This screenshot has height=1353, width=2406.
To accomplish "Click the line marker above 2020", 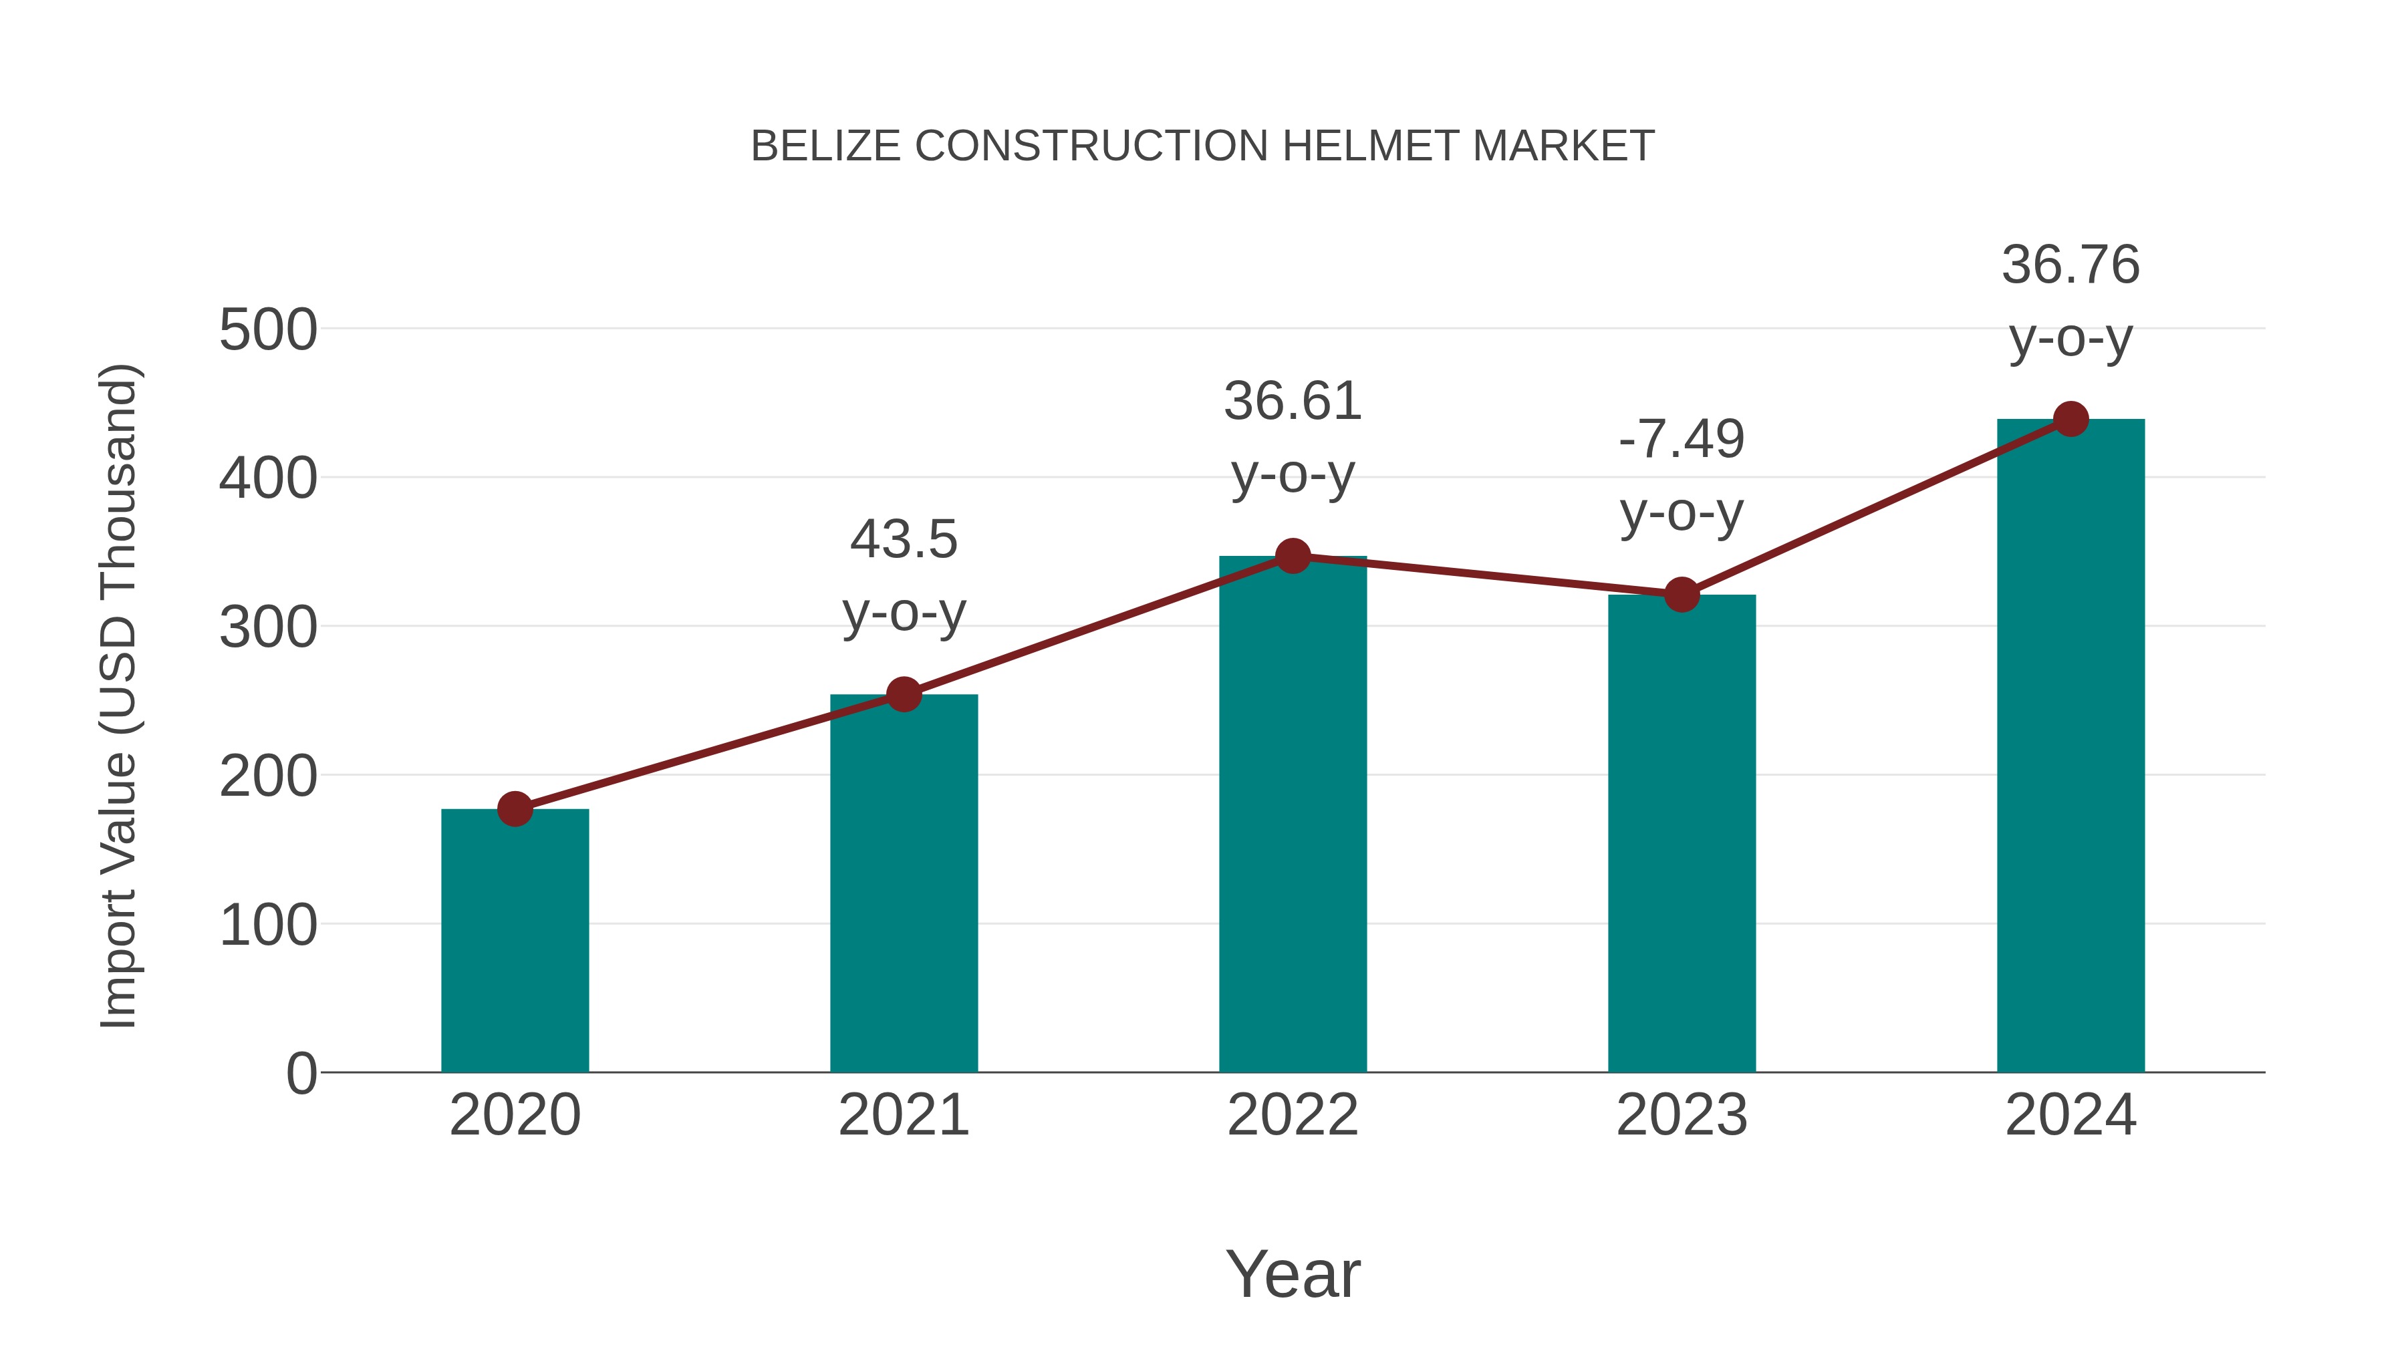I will point(515,808).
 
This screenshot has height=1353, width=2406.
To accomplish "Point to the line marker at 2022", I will point(1293,556).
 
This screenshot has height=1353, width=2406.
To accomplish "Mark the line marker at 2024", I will point(2070,419).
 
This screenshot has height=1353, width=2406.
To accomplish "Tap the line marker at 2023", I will point(1682,594).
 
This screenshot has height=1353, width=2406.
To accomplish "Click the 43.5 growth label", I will point(903,540).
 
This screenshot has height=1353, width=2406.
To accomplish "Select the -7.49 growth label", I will point(1682,439).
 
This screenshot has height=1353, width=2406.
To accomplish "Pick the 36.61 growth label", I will point(1293,402).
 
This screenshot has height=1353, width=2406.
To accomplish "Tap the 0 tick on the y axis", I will point(301,1073).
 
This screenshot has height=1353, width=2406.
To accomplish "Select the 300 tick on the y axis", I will point(268,627).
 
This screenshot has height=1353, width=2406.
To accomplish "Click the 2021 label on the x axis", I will point(903,1115).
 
